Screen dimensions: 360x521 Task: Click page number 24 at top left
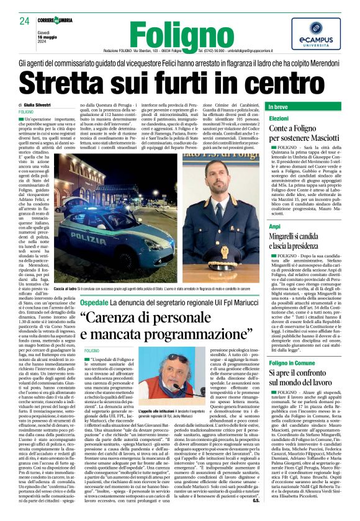coord(25,20)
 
